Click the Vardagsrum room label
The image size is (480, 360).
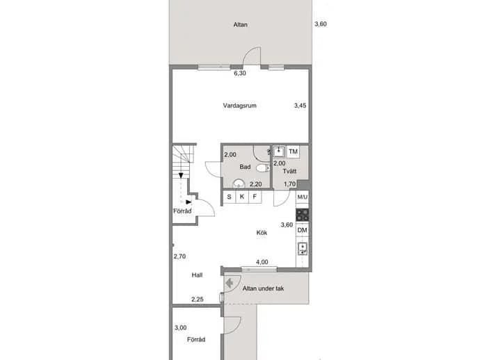click(240, 106)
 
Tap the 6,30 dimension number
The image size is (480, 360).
click(240, 73)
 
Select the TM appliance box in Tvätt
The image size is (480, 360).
click(294, 152)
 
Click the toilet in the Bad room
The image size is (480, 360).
click(263, 167)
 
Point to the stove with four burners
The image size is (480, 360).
click(303, 215)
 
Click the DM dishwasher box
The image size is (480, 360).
click(303, 230)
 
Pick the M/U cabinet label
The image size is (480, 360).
click(303, 197)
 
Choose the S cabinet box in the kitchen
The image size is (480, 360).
click(230, 197)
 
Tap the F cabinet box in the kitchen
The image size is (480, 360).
click(255, 197)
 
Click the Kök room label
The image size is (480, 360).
click(262, 233)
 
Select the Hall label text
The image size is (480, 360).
click(197, 275)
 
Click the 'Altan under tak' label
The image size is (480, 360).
click(263, 288)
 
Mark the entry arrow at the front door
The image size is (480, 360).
click(230, 284)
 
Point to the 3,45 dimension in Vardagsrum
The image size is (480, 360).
click(301, 106)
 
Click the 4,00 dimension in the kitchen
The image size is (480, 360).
click(262, 262)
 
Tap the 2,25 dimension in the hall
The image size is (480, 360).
click(198, 300)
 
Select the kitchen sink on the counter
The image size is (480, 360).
click(303, 249)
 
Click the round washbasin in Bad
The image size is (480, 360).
click(239, 183)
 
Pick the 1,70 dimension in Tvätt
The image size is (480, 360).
click(289, 184)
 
